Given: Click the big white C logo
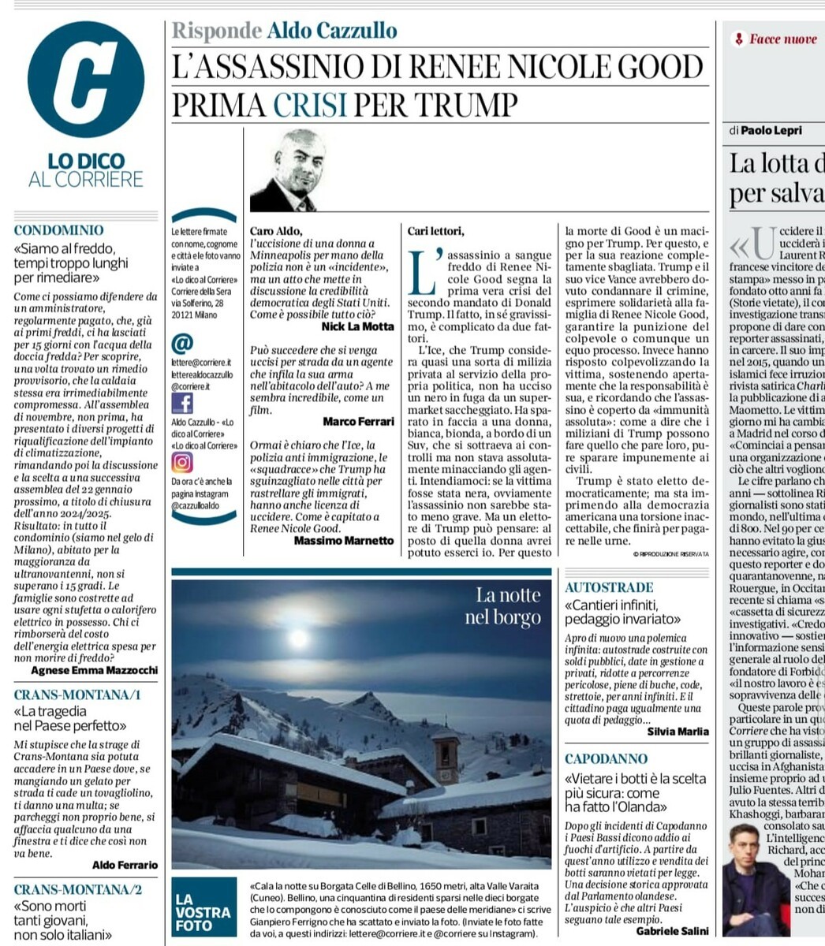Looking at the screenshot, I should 85,79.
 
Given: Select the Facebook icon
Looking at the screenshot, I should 182,403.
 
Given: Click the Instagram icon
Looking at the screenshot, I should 182,462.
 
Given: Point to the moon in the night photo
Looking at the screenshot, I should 298,638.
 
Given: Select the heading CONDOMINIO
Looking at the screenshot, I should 58,230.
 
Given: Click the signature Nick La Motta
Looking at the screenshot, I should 357,326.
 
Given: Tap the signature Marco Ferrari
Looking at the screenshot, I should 358,422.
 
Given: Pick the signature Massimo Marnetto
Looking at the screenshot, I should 343,540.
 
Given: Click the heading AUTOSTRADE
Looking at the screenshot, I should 609,587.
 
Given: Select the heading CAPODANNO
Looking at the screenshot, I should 606,759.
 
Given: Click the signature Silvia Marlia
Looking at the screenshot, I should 678,732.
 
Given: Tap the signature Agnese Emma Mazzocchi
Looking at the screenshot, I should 94,670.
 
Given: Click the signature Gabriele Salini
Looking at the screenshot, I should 672,931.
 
